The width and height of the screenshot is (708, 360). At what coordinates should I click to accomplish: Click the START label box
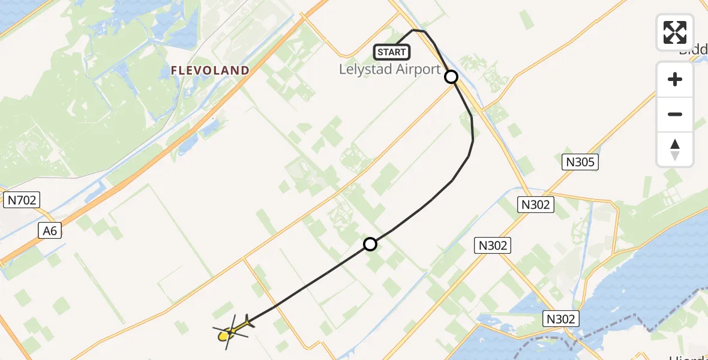[x=391, y=52]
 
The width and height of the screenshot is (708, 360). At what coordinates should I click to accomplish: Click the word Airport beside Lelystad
[x=413, y=70]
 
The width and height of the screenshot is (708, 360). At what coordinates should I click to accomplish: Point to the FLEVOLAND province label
[x=210, y=71]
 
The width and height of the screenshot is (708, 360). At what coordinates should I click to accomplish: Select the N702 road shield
[x=21, y=200]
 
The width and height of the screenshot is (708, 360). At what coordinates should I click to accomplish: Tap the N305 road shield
[x=580, y=161]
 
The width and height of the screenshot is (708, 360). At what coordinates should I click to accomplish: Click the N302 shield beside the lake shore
[x=561, y=319]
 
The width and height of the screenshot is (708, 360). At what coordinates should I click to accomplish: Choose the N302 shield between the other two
[x=493, y=245]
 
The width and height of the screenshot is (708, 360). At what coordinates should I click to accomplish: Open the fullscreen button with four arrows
[x=675, y=32]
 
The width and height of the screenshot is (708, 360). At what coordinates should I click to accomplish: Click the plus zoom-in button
[x=675, y=79]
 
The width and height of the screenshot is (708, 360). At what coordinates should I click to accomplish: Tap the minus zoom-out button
[x=675, y=114]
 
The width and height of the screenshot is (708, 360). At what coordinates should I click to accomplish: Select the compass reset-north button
[x=675, y=149]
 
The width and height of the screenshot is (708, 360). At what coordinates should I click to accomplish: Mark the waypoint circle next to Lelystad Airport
[x=451, y=77]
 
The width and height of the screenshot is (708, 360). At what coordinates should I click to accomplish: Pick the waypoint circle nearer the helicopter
[x=370, y=244]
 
